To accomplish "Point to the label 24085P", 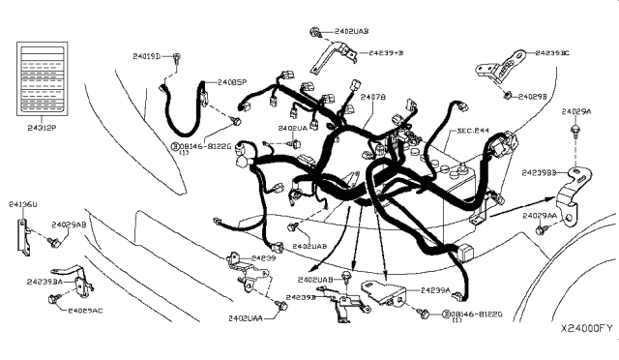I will (x=233, y=83).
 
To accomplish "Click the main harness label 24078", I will (x=374, y=98).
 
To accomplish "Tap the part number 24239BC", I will (x=552, y=54).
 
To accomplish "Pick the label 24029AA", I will (x=539, y=215).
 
